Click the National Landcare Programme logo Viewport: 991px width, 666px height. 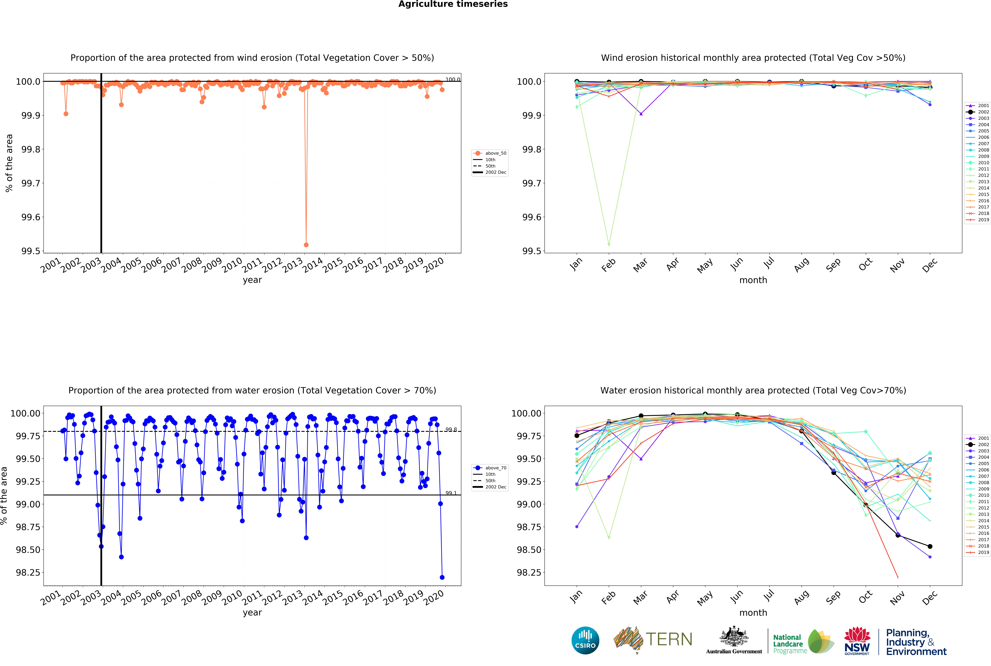point(803,641)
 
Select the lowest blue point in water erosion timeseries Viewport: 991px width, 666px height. point(442,577)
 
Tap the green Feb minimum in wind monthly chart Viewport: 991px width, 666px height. point(609,245)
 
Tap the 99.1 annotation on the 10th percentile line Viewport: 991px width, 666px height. point(451,493)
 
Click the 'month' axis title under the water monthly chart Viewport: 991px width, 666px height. point(753,613)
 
